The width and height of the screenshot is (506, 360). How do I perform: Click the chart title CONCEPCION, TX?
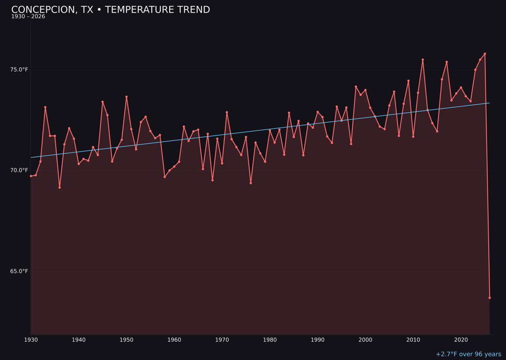click(x=111, y=10)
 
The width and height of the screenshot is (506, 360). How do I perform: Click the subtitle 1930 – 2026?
click(x=28, y=17)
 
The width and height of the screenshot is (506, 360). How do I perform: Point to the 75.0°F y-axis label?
click(x=19, y=70)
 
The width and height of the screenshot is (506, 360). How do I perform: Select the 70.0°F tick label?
click(x=19, y=171)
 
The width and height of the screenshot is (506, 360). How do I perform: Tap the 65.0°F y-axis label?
click(x=19, y=271)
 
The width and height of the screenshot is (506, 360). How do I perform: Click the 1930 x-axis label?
click(x=31, y=340)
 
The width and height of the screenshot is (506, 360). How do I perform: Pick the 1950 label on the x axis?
click(x=126, y=340)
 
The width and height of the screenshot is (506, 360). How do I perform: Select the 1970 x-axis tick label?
click(x=222, y=340)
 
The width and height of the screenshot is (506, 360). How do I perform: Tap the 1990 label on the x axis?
click(x=318, y=340)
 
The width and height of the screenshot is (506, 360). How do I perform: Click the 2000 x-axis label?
click(x=365, y=340)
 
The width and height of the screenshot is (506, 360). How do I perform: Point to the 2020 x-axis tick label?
click(x=461, y=340)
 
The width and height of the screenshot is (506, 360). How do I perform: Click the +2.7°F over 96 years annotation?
click(x=468, y=354)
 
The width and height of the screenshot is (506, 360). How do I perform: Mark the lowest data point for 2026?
click(x=490, y=298)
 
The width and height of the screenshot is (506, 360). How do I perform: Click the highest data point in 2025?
click(x=485, y=54)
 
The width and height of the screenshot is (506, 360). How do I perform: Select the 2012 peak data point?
click(x=423, y=60)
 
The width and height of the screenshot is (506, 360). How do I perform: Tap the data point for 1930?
click(x=31, y=176)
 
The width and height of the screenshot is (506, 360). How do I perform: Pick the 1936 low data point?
click(x=60, y=187)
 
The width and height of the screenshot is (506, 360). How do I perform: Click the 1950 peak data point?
click(x=126, y=97)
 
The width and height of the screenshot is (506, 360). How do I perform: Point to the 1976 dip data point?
click(x=251, y=183)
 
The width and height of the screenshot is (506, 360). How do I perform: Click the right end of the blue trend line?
click(x=489, y=103)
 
